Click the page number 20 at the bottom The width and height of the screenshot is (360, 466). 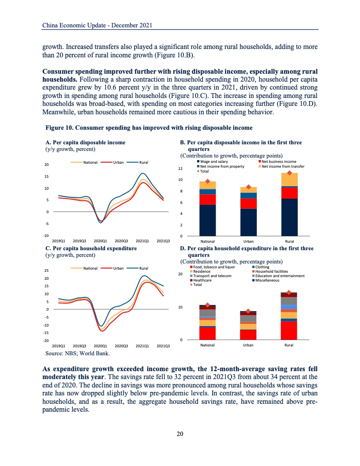(x=180, y=434)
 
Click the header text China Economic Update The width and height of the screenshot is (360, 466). (x=97, y=26)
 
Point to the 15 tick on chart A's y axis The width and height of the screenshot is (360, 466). (x=47, y=177)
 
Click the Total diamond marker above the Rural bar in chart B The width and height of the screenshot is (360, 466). (x=290, y=173)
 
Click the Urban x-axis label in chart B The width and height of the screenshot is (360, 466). (x=248, y=241)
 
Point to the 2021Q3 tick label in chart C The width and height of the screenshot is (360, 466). (x=164, y=346)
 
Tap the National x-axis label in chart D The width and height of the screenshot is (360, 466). (x=207, y=345)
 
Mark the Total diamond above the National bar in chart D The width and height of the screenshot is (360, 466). (x=207, y=305)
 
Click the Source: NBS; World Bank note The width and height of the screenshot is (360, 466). (x=78, y=353)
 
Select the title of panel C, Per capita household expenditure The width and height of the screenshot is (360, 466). (x=91, y=248)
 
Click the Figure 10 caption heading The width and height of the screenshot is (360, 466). (x=149, y=128)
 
